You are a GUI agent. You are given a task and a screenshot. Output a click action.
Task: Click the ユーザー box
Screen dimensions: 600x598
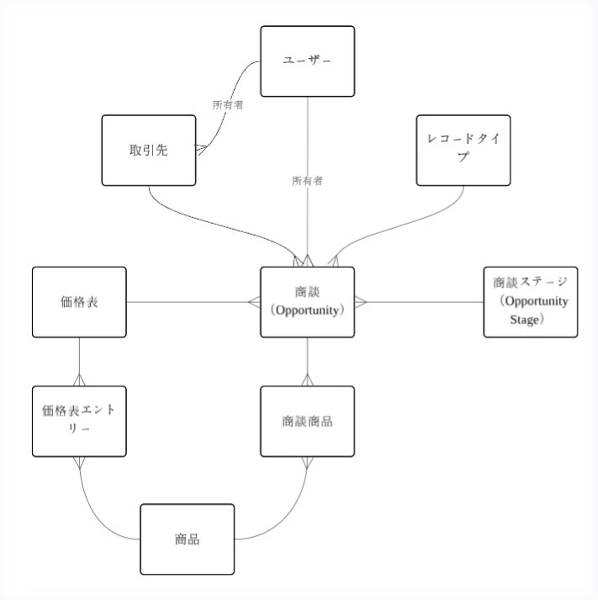coord(307,61)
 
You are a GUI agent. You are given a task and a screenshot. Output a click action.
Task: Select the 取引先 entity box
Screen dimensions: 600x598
coord(149,151)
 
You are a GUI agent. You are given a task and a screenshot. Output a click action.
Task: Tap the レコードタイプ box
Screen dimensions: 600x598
coord(463,150)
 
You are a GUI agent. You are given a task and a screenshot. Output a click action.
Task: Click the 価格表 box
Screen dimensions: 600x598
coord(79,302)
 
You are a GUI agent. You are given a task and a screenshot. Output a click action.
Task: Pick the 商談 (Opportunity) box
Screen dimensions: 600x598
coord(307,302)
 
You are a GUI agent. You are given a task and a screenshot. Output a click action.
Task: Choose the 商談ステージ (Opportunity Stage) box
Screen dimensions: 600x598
coord(530,302)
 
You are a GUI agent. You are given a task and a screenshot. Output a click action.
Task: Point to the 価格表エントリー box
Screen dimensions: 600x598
coord(79,421)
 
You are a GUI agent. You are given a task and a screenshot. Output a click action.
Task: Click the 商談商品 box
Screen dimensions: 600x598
coord(307,421)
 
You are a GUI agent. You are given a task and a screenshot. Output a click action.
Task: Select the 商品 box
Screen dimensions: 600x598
coord(187,539)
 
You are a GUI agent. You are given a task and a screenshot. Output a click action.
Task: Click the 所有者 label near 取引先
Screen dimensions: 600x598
coord(228,105)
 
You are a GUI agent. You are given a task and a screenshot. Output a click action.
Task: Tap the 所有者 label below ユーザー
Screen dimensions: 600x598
coord(307,180)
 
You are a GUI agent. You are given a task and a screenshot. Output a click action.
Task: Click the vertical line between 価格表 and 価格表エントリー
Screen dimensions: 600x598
coord(79,358)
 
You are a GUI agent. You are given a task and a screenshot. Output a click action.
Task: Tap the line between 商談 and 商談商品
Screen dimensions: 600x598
coord(307,358)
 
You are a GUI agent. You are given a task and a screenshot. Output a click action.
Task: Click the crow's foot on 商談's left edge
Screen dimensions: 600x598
coord(254,302)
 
